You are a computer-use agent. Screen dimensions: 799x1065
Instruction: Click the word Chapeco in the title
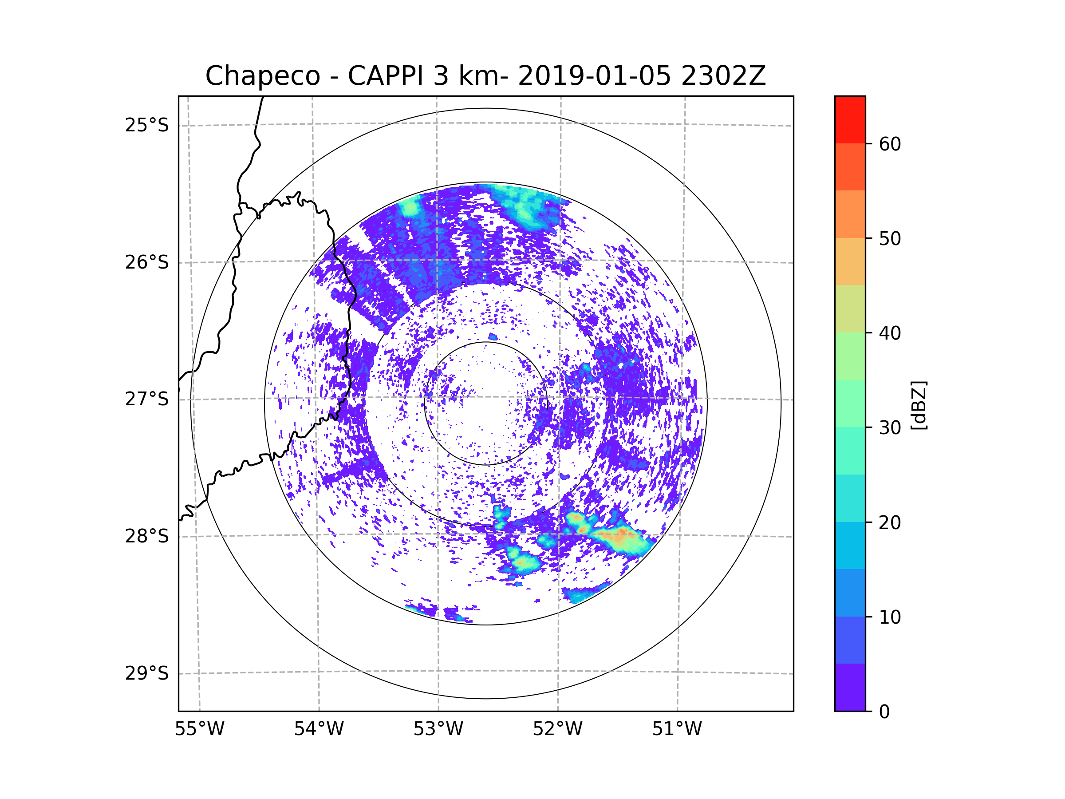pyautogui.click(x=262, y=76)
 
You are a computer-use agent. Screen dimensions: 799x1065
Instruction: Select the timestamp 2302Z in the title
pyautogui.click(x=723, y=76)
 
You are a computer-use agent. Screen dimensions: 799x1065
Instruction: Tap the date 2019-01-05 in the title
pyautogui.click(x=594, y=76)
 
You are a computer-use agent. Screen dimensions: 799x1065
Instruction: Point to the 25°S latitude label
pyautogui.click(x=147, y=125)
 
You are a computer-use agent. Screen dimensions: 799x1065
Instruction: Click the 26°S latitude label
pyautogui.click(x=147, y=262)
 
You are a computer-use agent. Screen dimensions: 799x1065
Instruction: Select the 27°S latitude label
pyautogui.click(x=147, y=399)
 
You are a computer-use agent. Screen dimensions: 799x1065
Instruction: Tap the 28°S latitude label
pyautogui.click(x=147, y=536)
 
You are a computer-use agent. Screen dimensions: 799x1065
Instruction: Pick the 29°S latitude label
pyautogui.click(x=147, y=673)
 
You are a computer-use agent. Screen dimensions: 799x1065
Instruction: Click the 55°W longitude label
pyautogui.click(x=199, y=729)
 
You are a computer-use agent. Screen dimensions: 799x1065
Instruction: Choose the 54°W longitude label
pyautogui.click(x=319, y=729)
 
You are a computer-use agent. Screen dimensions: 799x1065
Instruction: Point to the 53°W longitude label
pyautogui.click(x=438, y=729)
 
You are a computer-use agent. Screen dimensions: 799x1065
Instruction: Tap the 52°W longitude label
pyautogui.click(x=557, y=729)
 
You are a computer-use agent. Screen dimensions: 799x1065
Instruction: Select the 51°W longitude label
pyautogui.click(x=677, y=729)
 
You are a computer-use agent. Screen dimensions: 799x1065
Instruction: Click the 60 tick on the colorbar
pyautogui.click(x=890, y=144)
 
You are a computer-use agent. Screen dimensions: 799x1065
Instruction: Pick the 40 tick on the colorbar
pyautogui.click(x=890, y=333)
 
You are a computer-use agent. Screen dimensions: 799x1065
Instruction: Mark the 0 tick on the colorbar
pyautogui.click(x=884, y=712)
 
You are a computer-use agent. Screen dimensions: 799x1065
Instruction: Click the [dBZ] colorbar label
pyautogui.click(x=919, y=405)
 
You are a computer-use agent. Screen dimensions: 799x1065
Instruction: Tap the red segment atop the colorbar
pyautogui.click(x=850, y=119)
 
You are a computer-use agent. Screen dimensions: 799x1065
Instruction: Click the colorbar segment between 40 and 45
pyautogui.click(x=850, y=309)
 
